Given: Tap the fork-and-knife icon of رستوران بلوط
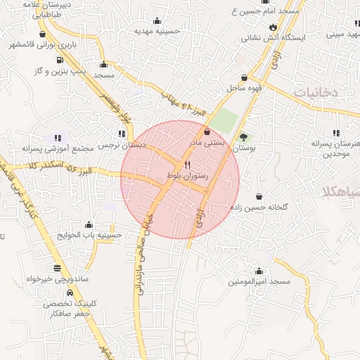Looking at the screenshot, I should (x=186, y=165).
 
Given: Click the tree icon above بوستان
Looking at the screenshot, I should (x=243, y=137).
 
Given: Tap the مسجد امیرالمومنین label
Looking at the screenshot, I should (x=259, y=281).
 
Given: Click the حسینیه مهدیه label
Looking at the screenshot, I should (x=157, y=31).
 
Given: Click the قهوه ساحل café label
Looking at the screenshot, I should (x=244, y=89).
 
